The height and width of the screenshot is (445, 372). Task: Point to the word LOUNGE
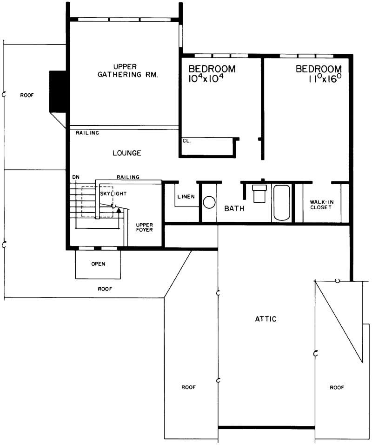[x=126, y=153]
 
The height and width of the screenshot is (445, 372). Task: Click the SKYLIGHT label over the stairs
[x=113, y=193]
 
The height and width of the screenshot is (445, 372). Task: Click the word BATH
[x=234, y=209]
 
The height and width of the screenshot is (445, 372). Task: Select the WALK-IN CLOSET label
[x=321, y=205]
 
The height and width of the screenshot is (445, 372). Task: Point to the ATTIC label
[x=266, y=319]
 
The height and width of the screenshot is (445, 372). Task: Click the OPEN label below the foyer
[x=98, y=264]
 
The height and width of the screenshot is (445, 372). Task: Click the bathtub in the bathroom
[x=282, y=203]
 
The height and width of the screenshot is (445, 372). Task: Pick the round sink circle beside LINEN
[x=210, y=202]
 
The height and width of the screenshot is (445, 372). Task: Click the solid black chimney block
[x=58, y=91]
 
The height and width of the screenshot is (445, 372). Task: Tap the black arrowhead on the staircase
[x=119, y=210]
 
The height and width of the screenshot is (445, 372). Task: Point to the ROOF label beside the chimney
[x=27, y=95]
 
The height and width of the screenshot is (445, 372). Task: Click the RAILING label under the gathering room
[x=87, y=133]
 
